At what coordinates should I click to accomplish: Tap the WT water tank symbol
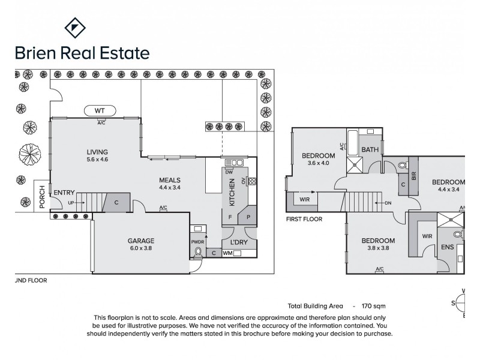(x=99, y=110)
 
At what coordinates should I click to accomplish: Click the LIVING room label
(x=97, y=152)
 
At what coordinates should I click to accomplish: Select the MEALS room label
(x=170, y=180)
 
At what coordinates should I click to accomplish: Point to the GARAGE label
(x=141, y=241)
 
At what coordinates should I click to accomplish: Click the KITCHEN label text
(x=231, y=191)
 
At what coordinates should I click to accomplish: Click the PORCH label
(x=42, y=200)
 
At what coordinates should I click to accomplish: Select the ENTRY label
(x=64, y=192)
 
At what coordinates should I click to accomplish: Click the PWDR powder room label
(x=197, y=242)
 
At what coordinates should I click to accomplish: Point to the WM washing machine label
(x=227, y=254)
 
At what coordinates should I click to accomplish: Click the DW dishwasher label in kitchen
(x=229, y=172)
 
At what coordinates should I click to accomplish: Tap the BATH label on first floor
(x=370, y=149)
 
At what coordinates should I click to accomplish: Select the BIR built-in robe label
(x=415, y=185)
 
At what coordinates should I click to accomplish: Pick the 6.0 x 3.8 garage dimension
(x=141, y=248)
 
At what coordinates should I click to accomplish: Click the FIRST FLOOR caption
(x=304, y=219)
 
